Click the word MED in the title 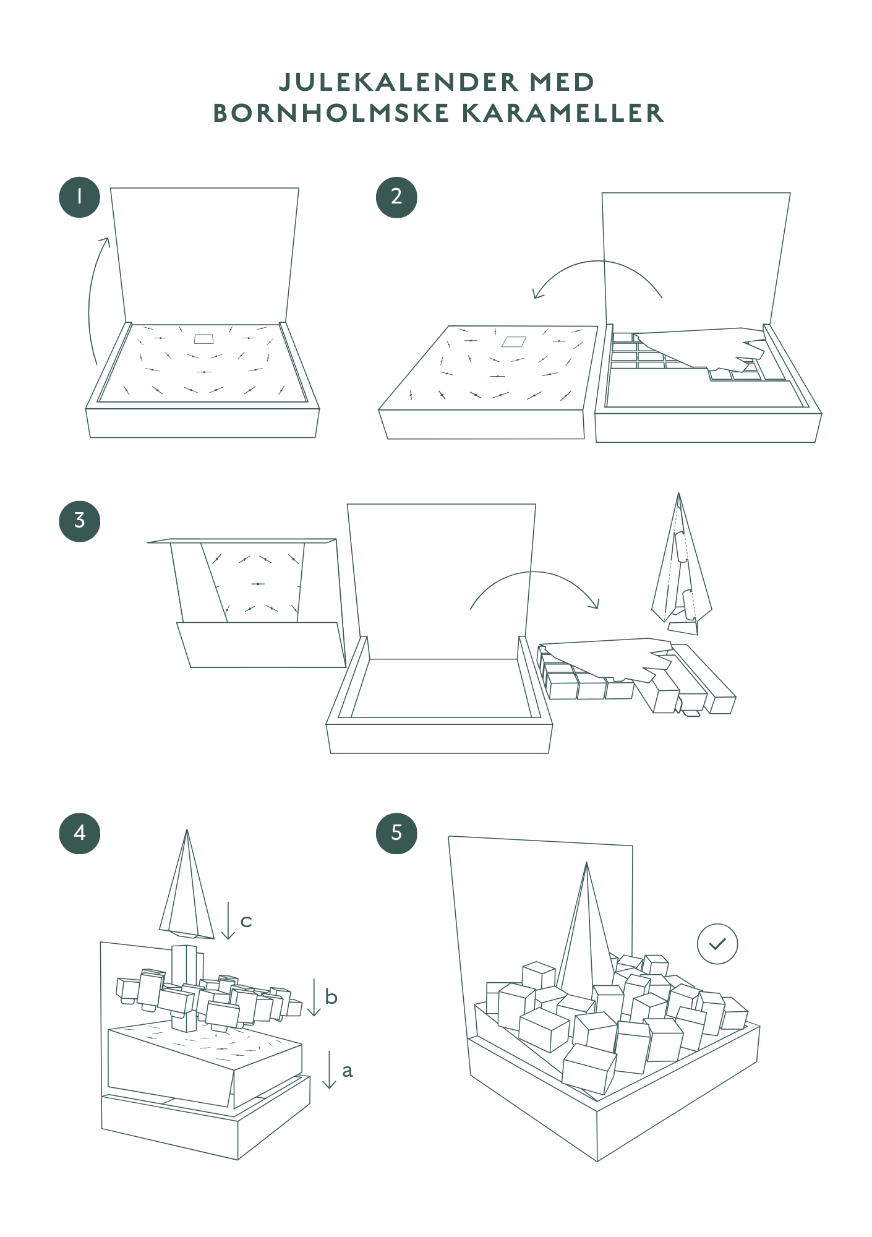tap(562, 82)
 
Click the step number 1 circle tap(79, 197)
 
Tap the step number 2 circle tap(396, 197)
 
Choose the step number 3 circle tap(79, 521)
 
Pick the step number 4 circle tap(79, 833)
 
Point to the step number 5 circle tap(396, 833)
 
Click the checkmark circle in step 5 tap(717, 944)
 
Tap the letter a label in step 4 tap(347, 1071)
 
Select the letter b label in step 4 tap(331, 996)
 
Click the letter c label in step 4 tap(246, 922)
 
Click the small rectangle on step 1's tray tap(203, 339)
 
